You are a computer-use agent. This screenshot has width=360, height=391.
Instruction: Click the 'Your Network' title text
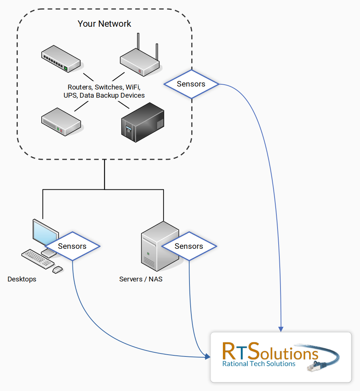[104, 24]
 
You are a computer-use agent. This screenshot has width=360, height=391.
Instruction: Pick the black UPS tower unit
[143, 122]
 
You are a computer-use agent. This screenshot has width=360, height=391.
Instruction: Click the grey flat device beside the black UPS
[61, 121]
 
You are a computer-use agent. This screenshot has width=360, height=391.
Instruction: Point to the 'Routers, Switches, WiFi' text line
[104, 87]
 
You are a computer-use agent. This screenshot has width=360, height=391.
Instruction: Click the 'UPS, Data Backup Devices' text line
[104, 95]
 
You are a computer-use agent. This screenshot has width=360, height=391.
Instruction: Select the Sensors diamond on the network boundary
[191, 84]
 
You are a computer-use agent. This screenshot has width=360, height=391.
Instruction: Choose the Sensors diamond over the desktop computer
[72, 246]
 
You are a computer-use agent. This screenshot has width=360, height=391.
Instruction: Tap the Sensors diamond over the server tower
[189, 246]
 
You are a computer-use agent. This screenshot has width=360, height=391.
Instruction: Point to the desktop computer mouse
[58, 269]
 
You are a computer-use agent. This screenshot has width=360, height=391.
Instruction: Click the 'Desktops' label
[22, 279]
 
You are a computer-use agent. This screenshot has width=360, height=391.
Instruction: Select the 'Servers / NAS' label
[141, 279]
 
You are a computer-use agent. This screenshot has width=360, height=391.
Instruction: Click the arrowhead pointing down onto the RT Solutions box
[281, 329]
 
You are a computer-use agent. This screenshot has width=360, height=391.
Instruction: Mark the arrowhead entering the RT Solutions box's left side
[207, 357]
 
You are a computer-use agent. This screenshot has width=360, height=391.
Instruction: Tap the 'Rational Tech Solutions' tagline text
[259, 364]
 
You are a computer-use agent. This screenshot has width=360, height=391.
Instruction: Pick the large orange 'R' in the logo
[230, 352]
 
